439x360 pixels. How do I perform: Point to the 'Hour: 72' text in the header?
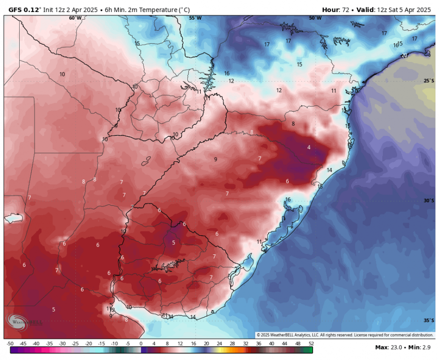point(337,9)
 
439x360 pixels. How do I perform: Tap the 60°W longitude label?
point(75,18)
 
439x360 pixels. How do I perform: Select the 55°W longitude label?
point(195,18)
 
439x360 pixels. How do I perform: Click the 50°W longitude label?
point(315,18)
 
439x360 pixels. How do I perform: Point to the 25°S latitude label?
point(429,81)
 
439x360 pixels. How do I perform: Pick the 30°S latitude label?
point(429,201)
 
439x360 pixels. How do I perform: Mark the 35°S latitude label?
point(429,321)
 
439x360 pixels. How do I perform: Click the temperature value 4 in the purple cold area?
point(309,147)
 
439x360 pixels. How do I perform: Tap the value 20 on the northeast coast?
point(404,55)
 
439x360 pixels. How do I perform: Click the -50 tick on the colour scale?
point(10,344)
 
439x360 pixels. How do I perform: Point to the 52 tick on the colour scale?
point(311,344)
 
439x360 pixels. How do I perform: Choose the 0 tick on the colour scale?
point(141,344)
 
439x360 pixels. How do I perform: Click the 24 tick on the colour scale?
point(219,344)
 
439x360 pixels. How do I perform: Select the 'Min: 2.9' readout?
point(421,347)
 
